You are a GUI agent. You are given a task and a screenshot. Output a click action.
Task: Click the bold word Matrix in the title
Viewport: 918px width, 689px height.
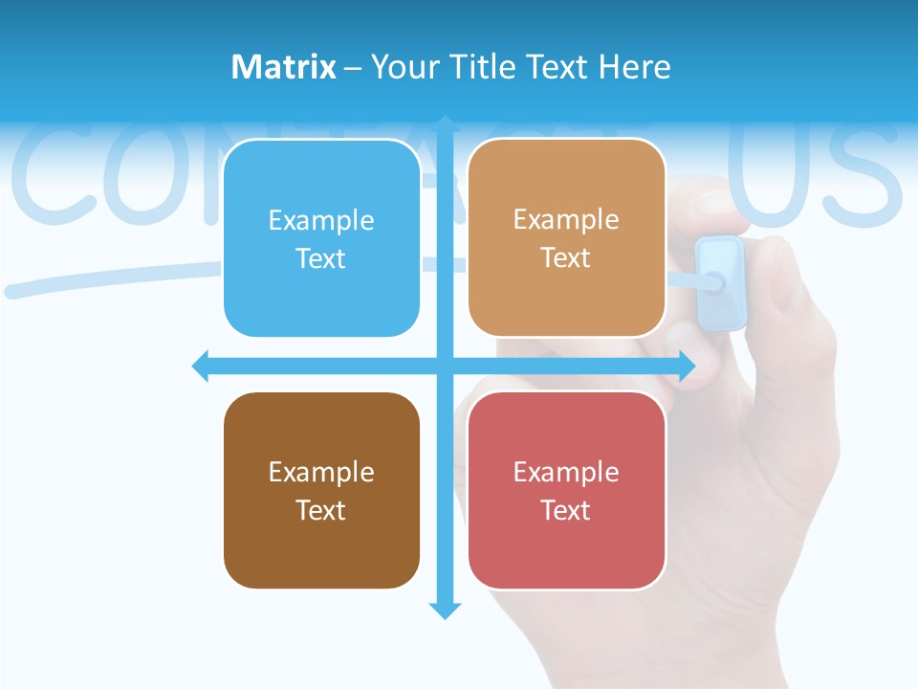[283, 67]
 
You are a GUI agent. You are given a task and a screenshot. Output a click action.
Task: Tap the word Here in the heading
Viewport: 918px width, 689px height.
[634, 67]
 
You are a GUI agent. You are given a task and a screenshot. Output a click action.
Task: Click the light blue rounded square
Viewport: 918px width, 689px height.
[321, 238]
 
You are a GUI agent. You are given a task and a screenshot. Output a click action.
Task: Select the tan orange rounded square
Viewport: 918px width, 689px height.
[566, 238]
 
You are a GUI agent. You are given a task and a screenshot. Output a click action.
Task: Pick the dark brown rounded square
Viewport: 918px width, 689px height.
[321, 490]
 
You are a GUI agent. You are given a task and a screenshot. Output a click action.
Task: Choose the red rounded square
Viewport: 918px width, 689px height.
[566, 490]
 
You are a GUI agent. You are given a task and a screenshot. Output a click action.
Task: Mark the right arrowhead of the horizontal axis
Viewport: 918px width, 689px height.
[687, 366]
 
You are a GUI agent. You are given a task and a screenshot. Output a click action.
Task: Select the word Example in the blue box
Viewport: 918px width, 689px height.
[321, 220]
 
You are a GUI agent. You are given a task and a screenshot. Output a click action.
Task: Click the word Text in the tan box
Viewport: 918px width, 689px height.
[566, 258]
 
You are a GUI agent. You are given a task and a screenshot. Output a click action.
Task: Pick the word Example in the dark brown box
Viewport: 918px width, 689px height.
[321, 472]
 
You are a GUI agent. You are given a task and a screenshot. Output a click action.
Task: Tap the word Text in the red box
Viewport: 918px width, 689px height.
[566, 510]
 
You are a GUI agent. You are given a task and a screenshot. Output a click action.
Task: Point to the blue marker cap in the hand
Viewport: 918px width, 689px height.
[719, 281]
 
